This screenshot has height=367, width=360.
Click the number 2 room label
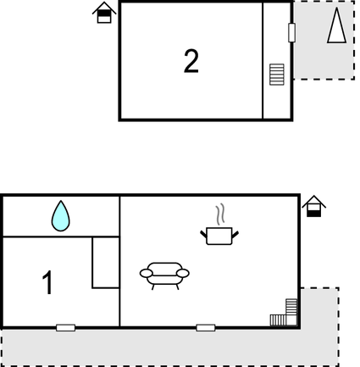pyautogui.click(x=191, y=61)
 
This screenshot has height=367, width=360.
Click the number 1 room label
pyautogui.click(x=48, y=282)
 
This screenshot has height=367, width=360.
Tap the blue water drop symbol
pyautogui.click(x=60, y=216)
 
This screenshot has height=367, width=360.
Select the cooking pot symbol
pyautogui.click(x=219, y=236)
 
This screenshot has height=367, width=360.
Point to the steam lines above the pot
pyautogui.click(x=220, y=214)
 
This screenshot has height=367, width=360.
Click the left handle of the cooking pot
pyautogui.click(x=203, y=234)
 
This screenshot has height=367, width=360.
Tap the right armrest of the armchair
pyautogui.click(x=183, y=273)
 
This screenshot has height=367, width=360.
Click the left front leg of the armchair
pyautogui.click(x=152, y=286)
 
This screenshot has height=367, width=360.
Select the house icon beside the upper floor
pyautogui.click(x=104, y=13)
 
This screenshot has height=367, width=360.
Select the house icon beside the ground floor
pyautogui.click(x=314, y=206)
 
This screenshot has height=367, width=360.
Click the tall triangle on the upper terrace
pyautogui.click(x=336, y=25)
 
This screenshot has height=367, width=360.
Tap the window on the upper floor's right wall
pyautogui.click(x=292, y=33)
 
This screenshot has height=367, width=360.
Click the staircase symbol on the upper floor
pyautogui.click(x=277, y=75)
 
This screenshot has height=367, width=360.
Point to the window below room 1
pyautogui.click(x=65, y=328)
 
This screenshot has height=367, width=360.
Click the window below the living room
pyautogui.click(x=206, y=328)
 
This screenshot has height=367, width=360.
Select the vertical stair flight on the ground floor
pyautogui.click(x=291, y=307)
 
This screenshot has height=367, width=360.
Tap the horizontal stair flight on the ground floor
pyautogui.click(x=278, y=320)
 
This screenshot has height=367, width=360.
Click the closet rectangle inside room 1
pyautogui.click(x=106, y=263)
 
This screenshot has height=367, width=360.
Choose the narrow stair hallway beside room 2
pyautogui.click(x=277, y=61)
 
